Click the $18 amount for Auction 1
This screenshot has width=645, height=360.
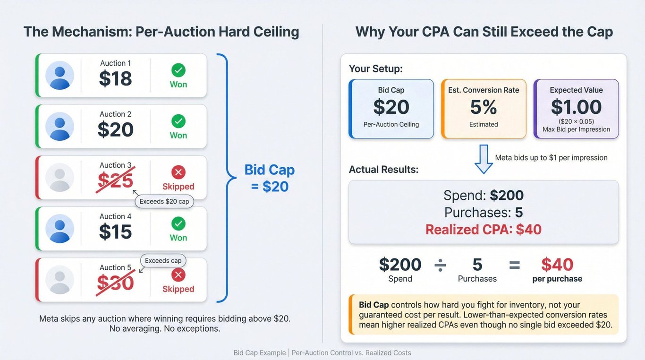(116, 78)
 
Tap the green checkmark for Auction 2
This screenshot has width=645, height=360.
(178, 121)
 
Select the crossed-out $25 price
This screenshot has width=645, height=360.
(116, 180)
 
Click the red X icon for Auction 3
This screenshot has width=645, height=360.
(178, 172)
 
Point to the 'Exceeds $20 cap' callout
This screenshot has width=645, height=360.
(164, 202)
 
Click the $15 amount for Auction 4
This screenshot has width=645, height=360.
(116, 232)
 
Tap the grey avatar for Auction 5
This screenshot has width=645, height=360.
(59, 279)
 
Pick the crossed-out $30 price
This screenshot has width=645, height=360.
(116, 283)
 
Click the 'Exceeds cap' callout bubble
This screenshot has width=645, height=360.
(163, 261)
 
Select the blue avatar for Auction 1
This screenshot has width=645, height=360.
(59, 75)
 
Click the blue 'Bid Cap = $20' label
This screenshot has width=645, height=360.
(270, 178)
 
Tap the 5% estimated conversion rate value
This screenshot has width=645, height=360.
(484, 107)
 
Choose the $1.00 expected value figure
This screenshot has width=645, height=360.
(576, 107)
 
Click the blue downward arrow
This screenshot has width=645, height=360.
(484, 159)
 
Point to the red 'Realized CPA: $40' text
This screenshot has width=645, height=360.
(484, 230)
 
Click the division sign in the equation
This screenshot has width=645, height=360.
(440, 265)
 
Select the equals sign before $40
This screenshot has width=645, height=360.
(515, 265)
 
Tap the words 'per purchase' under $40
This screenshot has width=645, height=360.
(557, 279)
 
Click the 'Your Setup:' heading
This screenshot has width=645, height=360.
(376, 69)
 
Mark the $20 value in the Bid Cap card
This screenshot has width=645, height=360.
(391, 107)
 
